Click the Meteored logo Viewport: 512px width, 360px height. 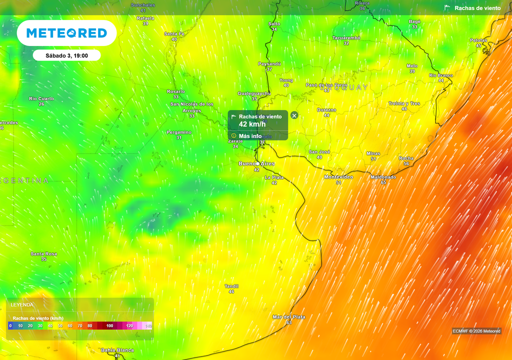66,33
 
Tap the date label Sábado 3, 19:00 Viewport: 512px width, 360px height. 67,55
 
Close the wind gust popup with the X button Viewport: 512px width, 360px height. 294,115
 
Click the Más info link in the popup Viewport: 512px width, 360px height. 249,136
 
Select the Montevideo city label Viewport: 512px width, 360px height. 338,177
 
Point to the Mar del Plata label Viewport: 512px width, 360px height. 288,317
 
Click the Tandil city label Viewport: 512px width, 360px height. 231,286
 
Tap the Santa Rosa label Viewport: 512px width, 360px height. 43,254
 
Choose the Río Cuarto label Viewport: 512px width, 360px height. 41,98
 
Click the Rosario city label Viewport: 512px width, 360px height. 175,91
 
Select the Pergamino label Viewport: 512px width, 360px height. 179,132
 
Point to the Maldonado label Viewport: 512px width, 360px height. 383,177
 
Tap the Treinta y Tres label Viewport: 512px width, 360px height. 404,103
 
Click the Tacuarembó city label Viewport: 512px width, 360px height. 346,38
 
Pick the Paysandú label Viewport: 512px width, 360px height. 269,64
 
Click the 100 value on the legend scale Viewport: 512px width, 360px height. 109,326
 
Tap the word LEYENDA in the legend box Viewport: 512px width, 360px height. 22,304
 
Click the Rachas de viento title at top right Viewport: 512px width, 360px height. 477,8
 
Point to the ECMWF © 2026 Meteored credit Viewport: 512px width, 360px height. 476,331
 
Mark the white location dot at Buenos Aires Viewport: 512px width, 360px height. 257,164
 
